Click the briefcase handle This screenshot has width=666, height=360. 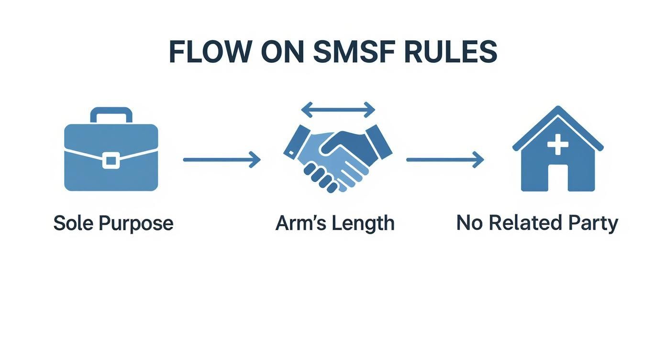(x=111, y=115)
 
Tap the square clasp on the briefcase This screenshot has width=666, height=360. (x=111, y=160)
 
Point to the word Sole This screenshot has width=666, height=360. (x=73, y=224)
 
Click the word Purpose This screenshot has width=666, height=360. (x=135, y=224)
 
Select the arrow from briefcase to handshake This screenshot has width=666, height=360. (x=221, y=160)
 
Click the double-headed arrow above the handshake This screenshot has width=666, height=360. (x=338, y=110)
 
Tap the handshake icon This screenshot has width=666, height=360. (x=338, y=158)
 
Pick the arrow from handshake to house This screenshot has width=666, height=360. (x=445, y=160)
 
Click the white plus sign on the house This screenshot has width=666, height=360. (x=557, y=144)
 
